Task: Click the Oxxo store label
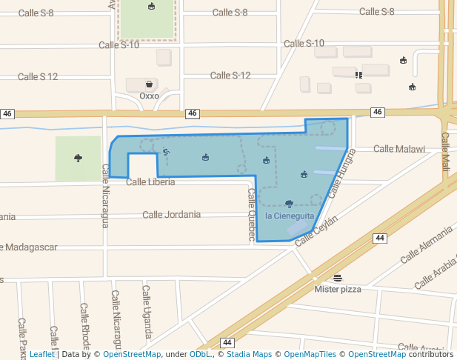[x=149, y=96]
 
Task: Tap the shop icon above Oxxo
[x=150, y=84]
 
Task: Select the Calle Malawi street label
[x=399, y=149]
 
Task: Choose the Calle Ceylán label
[x=316, y=231]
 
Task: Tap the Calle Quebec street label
[x=252, y=215]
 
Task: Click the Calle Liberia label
[x=150, y=181]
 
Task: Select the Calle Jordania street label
[x=171, y=215]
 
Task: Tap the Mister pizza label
[x=338, y=289]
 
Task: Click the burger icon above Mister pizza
[x=338, y=278]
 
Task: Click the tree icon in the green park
[x=78, y=158]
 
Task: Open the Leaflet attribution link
[x=41, y=354]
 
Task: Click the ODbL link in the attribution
[x=199, y=354]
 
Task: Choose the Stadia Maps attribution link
[x=248, y=354]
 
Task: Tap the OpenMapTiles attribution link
[x=305, y=354]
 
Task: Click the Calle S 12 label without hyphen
[x=38, y=76]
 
